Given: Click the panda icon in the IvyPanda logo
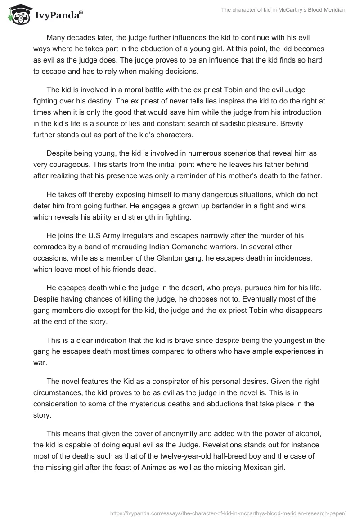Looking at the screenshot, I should [18, 14].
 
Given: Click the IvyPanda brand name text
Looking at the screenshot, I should [58, 15].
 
